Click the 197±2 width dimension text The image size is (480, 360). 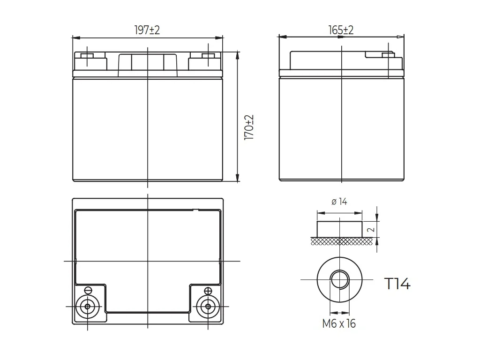click(147, 30)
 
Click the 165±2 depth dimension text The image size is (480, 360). click(341, 30)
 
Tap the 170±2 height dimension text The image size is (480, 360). click(249, 127)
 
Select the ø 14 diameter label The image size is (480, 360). click(339, 202)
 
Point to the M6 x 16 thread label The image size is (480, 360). click(339, 323)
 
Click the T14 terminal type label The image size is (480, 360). click(397, 284)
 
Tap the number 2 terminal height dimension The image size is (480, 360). click(371, 230)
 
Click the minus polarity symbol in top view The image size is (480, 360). click(88, 290)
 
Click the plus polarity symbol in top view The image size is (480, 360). click(208, 290)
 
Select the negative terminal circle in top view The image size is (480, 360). click(88, 306)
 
